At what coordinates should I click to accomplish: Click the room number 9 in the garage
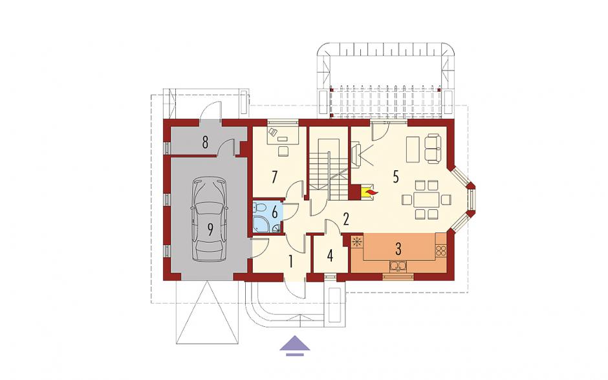click(210, 229)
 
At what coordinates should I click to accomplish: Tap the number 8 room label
click(205, 142)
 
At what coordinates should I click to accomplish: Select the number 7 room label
click(274, 177)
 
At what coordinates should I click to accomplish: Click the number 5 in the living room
click(395, 177)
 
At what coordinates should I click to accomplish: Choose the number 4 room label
click(330, 256)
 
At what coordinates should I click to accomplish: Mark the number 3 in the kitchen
click(398, 249)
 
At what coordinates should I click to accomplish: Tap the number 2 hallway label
click(346, 219)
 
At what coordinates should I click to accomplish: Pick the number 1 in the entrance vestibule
click(291, 262)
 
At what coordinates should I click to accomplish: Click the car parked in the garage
click(209, 219)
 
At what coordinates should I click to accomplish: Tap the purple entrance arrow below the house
click(295, 345)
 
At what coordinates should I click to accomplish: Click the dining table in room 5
click(426, 199)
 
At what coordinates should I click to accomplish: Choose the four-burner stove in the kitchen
click(441, 251)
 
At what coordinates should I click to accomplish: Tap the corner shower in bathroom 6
click(259, 225)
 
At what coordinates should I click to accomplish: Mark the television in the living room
click(356, 155)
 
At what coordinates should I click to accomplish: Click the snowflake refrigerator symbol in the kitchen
click(357, 242)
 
